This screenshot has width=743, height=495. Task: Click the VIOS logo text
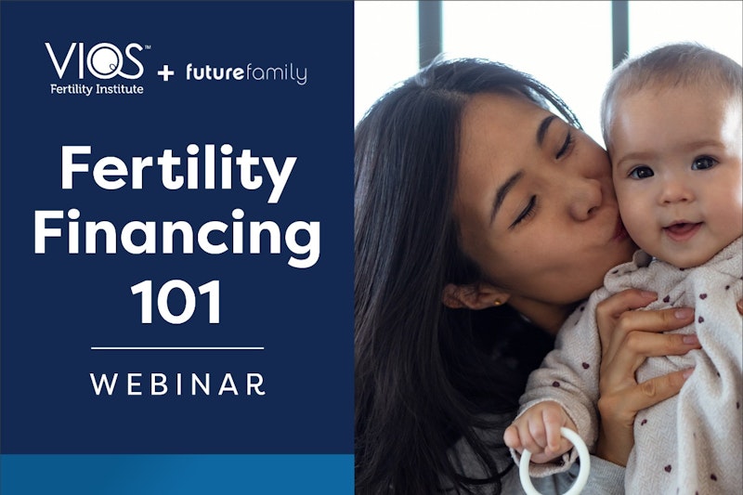click(94, 62)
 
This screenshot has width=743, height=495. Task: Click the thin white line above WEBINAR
click(177, 348)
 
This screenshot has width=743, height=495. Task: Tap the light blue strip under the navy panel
click(176, 475)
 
